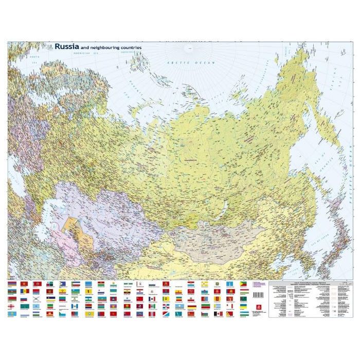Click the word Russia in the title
[67, 46]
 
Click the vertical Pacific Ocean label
[348, 170]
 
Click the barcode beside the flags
[259, 294]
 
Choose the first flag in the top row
[12, 284]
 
